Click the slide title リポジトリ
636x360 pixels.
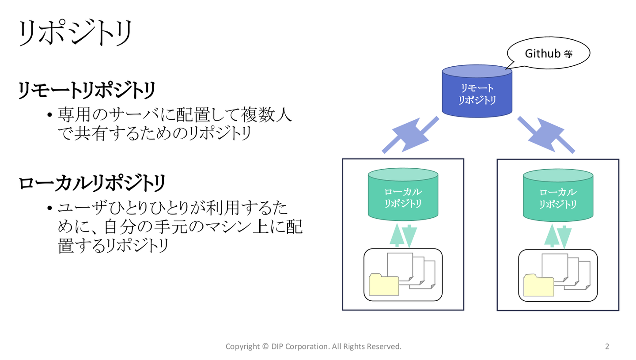(75, 33)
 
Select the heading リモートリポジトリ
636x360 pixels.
(87, 90)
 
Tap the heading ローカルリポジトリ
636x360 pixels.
(92, 183)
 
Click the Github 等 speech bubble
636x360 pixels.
(548, 53)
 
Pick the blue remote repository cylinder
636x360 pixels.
(477, 91)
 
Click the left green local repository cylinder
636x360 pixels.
(403, 194)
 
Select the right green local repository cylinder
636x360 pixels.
(558, 196)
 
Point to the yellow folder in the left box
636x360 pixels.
(384, 284)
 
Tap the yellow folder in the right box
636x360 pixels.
(539, 285)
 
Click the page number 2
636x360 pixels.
(607, 346)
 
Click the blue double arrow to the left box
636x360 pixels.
(411, 135)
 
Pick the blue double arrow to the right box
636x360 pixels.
(546, 135)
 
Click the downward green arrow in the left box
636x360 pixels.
(409, 236)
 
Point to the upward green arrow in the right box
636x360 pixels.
(552, 235)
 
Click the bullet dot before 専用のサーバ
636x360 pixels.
(50, 115)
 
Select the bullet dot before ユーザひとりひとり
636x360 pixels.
(50, 208)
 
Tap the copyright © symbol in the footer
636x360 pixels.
(265, 346)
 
